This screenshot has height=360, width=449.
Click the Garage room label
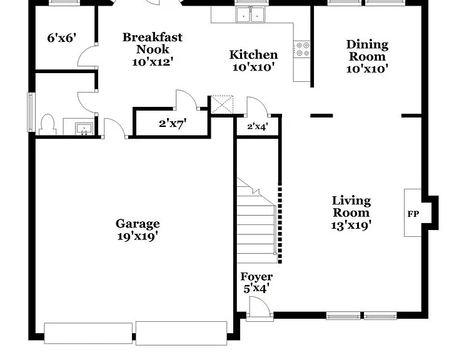click(138, 230)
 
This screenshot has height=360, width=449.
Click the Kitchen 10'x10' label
click(253, 61)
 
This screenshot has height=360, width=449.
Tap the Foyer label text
click(256, 277)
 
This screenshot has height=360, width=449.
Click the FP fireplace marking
click(413, 214)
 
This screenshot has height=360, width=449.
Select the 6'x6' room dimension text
click(62, 37)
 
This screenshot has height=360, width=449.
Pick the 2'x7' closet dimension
click(173, 124)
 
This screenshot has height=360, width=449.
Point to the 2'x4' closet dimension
click(258, 126)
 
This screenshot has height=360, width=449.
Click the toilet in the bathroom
click(48, 125)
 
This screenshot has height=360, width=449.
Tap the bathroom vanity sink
click(84, 129)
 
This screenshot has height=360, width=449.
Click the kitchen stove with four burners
click(303, 49)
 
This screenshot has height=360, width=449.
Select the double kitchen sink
click(250, 15)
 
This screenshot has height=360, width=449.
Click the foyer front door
click(260, 307)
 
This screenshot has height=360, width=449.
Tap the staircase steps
click(256, 221)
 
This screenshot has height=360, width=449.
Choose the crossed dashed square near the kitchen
click(222, 104)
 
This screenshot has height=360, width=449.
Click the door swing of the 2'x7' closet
click(187, 99)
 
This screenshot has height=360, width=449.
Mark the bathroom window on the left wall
click(31, 112)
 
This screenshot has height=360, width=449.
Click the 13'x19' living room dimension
click(351, 225)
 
